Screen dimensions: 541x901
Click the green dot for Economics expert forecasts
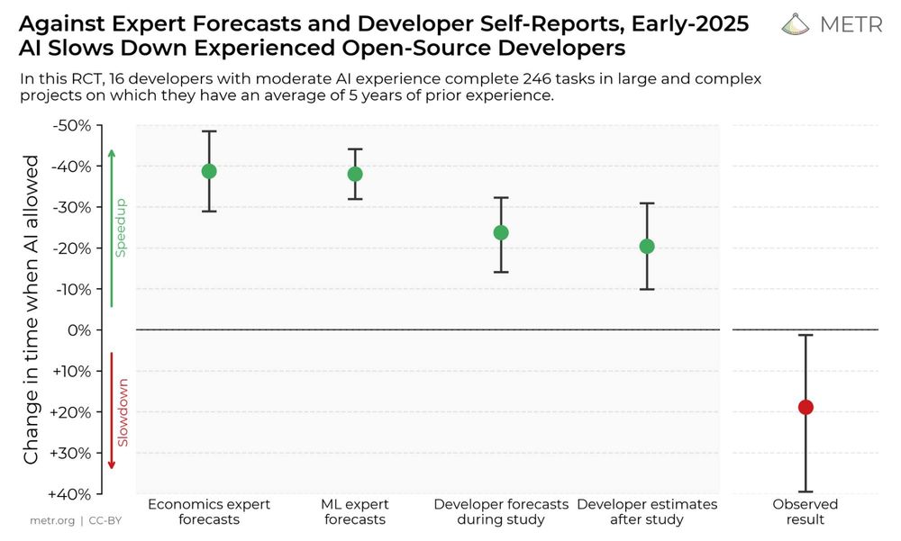[209, 171]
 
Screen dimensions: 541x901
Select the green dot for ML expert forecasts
[355, 174]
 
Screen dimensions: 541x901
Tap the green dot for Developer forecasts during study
[501, 232]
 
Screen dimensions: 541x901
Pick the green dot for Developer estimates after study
[647, 247]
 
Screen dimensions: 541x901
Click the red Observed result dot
[805, 407]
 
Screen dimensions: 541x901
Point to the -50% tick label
[71, 125]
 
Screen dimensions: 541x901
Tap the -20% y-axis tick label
[71, 248]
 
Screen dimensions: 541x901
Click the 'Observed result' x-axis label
[805, 511]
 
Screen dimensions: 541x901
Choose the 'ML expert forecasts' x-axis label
[355, 511]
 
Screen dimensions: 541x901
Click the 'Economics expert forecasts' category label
[209, 511]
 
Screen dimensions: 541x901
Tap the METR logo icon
[796, 24]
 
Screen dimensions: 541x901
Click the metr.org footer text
[51, 520]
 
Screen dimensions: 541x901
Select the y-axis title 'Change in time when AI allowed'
[32, 310]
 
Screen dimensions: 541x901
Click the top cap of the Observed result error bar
[805, 336]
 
